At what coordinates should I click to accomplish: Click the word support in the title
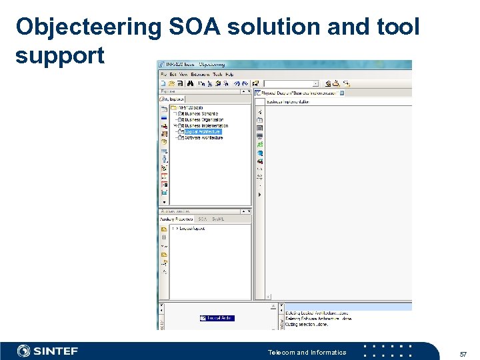point(60,55)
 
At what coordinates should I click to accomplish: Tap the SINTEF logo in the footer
point(47,351)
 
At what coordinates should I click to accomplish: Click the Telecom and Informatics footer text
point(307,352)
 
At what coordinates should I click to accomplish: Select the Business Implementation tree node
point(206,126)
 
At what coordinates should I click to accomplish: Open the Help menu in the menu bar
point(229,74)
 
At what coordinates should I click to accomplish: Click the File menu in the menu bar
point(163,74)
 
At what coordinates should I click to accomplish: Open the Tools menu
point(217,74)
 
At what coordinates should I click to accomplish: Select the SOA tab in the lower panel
point(202,219)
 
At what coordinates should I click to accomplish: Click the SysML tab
point(217,219)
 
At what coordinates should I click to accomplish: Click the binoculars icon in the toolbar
point(190,84)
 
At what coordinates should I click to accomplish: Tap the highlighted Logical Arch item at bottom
point(217,318)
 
